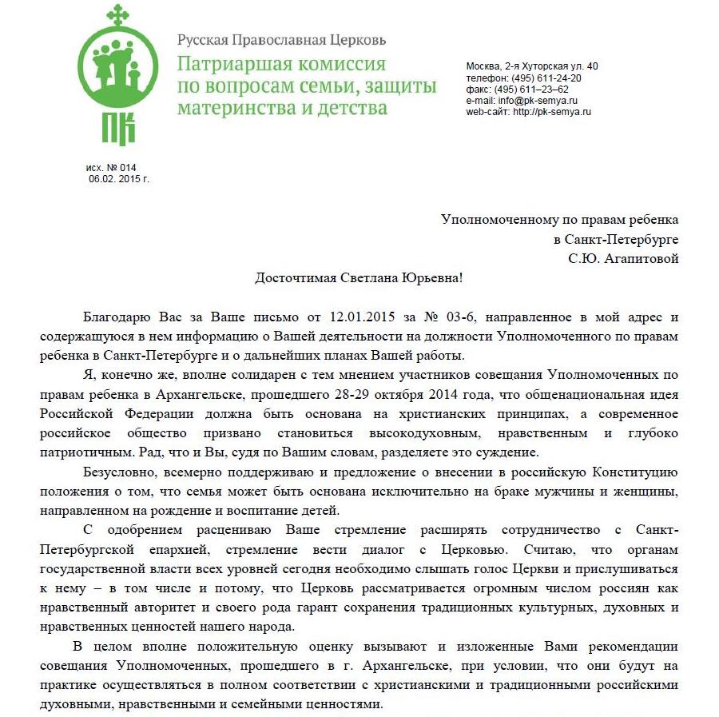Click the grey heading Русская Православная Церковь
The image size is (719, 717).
(281, 39)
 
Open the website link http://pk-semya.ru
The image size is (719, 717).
(552, 112)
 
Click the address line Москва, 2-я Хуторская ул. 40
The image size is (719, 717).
(532, 66)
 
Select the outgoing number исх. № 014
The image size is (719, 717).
(112, 167)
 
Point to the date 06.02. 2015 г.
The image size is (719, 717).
(119, 178)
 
